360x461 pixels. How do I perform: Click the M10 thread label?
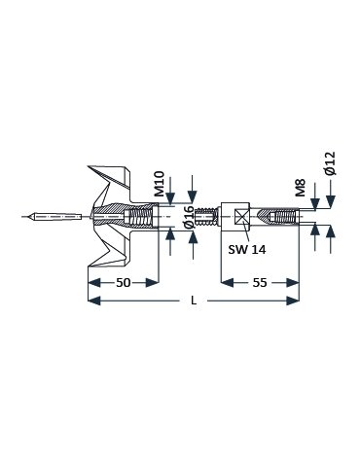click(160, 184)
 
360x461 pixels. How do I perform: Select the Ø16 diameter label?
click(191, 217)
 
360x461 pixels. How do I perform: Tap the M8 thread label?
click(301, 188)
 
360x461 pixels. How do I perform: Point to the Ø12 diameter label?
click(330, 163)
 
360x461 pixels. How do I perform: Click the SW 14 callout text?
click(247, 249)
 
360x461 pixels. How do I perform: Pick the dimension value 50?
click(124, 283)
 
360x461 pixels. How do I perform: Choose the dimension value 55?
click(260, 283)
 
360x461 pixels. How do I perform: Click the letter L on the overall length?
click(194, 301)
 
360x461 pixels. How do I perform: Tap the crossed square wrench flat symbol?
click(241, 216)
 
